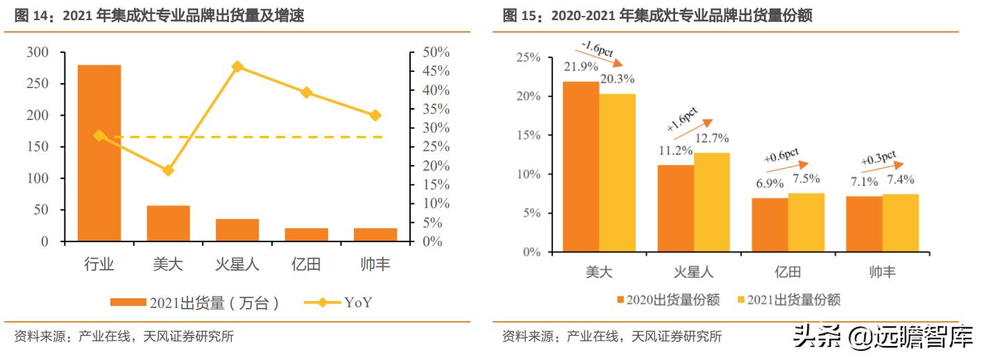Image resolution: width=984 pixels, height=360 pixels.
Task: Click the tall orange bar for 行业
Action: (x=99, y=153)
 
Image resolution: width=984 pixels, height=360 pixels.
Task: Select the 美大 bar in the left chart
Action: (x=168, y=223)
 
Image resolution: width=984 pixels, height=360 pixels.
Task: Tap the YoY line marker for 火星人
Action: (x=237, y=67)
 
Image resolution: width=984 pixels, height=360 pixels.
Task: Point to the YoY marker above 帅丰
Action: (x=375, y=115)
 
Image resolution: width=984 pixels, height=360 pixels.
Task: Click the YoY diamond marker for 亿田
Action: (x=306, y=92)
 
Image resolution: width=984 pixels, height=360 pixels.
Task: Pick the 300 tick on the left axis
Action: (x=37, y=53)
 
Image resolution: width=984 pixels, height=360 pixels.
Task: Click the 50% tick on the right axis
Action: (x=436, y=53)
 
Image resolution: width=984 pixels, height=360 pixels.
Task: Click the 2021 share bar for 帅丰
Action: (x=900, y=223)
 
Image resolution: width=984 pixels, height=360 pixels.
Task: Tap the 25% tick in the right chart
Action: (x=529, y=57)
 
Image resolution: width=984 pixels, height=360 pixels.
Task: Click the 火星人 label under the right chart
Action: (x=693, y=271)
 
